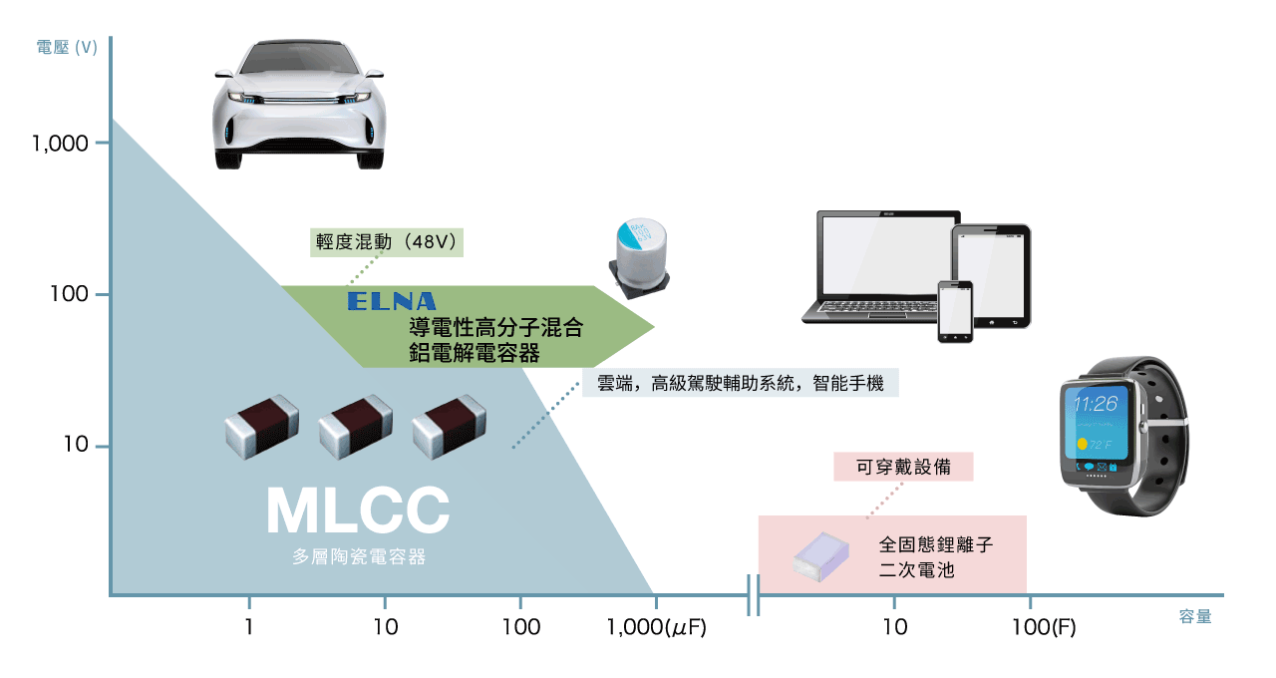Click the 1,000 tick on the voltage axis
(x=61, y=144)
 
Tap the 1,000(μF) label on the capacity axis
(x=656, y=627)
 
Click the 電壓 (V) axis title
(x=67, y=47)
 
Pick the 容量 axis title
(x=1195, y=617)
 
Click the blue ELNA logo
(x=391, y=301)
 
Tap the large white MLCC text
(x=357, y=510)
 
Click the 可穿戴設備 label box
(x=903, y=466)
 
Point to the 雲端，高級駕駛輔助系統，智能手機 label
(x=740, y=383)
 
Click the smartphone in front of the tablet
(x=955, y=311)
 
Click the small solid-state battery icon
(x=820, y=553)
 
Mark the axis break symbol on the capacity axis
(x=753, y=596)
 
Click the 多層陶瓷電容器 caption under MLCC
(x=358, y=557)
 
